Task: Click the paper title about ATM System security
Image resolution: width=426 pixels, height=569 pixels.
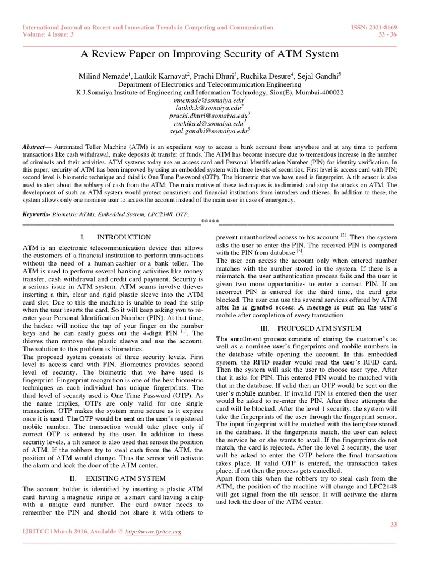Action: coord(210,54)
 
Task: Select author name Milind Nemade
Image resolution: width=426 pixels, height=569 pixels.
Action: coord(104,75)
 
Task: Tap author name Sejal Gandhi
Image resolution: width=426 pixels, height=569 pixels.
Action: coord(321,75)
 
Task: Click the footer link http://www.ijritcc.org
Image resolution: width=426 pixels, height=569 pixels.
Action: coord(154,532)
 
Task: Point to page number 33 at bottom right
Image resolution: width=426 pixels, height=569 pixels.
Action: coord(395,524)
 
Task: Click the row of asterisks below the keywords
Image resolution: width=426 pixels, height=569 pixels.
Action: coord(209,223)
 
